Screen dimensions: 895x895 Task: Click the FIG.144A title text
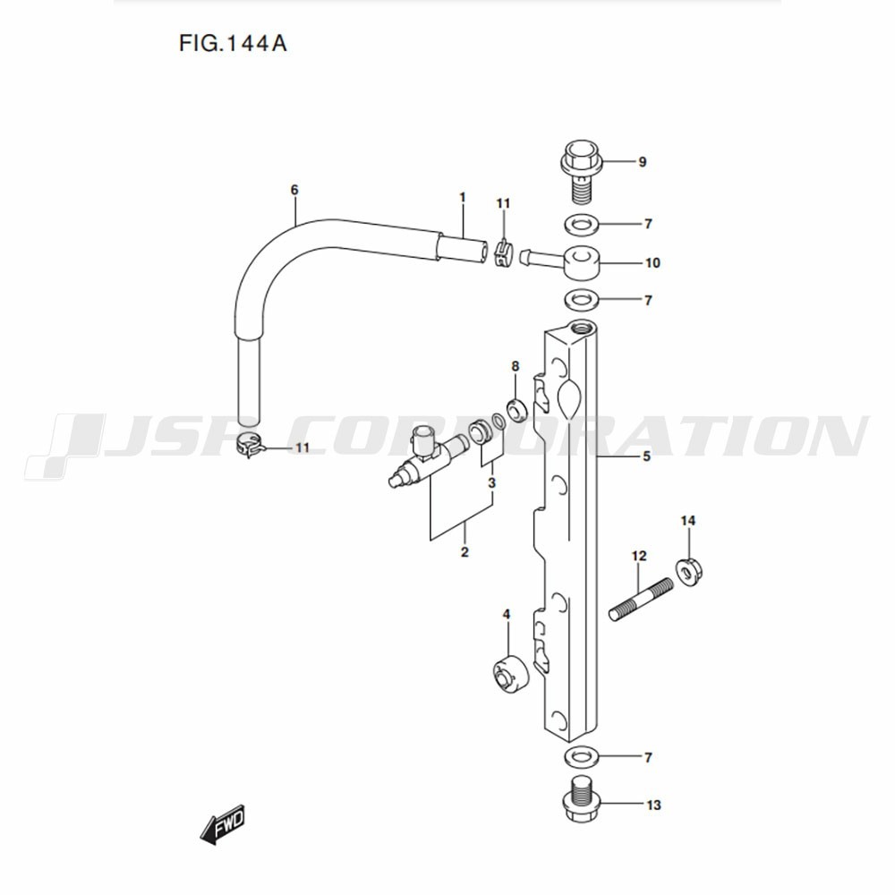pos(233,43)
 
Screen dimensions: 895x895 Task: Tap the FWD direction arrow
pos(223,823)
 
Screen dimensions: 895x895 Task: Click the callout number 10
pos(652,262)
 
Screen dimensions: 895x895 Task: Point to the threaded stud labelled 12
pos(641,600)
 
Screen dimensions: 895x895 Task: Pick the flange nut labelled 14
pos(689,572)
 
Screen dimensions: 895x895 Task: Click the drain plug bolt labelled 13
pos(581,798)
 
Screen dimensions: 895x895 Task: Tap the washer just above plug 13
pos(581,757)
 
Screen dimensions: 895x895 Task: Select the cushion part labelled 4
pos(510,674)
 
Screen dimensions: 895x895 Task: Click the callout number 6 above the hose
pos(294,190)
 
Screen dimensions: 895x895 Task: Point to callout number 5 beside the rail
pos(646,456)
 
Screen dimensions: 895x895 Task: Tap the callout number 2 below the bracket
pos(465,552)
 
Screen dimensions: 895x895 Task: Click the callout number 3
pos(491,483)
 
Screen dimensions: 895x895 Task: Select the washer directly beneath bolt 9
pos(581,223)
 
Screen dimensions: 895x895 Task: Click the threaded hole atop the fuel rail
pos(582,328)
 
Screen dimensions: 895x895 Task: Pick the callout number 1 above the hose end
pos(463,198)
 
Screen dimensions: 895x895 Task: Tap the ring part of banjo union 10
pos(583,263)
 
